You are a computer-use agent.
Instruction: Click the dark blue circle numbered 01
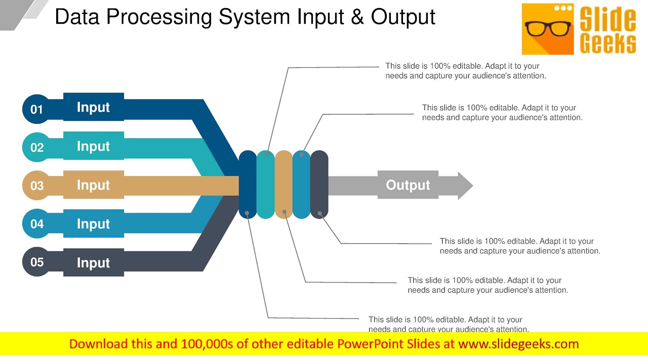click(x=36, y=109)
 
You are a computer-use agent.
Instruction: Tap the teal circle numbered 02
click(x=36, y=148)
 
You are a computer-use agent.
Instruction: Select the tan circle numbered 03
click(x=36, y=186)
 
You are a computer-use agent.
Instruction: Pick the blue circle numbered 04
click(x=36, y=223)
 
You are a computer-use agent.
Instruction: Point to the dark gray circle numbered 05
click(x=36, y=262)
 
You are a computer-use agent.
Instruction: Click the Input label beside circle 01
click(x=93, y=107)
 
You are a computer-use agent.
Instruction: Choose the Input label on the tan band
click(x=93, y=185)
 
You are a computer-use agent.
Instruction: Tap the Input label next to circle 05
click(x=93, y=263)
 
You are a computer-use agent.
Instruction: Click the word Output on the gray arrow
click(x=408, y=185)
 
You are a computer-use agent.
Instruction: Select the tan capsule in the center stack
click(x=283, y=185)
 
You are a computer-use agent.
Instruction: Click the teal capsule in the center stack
click(x=265, y=185)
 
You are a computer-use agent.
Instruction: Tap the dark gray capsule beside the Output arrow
click(x=319, y=185)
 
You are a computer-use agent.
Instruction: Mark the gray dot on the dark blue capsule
click(x=247, y=213)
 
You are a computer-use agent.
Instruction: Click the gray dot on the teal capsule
click(x=267, y=153)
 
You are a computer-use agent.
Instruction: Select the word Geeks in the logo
click(x=607, y=43)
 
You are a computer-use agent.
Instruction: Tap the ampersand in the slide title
click(x=357, y=17)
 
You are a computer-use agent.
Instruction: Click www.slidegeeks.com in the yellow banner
click(x=518, y=344)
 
